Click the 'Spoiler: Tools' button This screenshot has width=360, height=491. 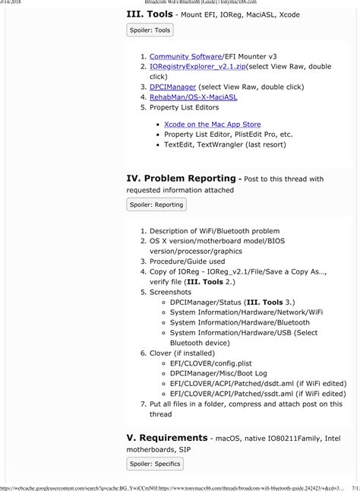click(150, 30)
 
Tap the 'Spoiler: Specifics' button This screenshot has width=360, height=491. click(155, 463)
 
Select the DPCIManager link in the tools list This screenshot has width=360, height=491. click(172, 87)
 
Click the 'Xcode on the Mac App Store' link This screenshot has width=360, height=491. click(212, 124)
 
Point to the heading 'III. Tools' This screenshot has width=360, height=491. click(155, 13)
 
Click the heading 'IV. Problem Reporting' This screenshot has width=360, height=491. click(182, 179)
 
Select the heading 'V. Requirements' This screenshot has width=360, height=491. click(166, 439)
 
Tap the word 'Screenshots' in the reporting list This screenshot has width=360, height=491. click(172, 291)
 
